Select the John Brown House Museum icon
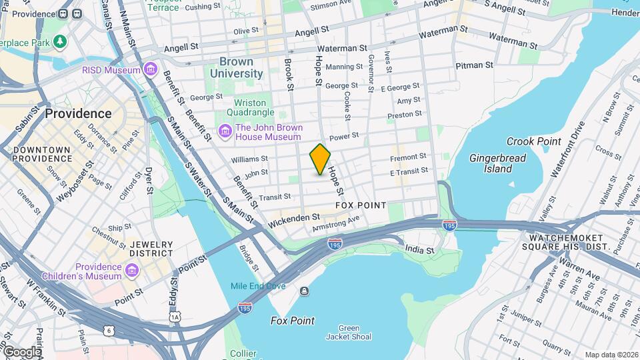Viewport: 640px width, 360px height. pos(225,132)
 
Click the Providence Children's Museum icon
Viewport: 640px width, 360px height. pos(131,271)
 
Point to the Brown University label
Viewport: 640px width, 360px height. pos(237,67)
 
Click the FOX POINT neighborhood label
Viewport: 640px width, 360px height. pos(360,205)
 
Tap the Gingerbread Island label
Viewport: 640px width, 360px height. pos(497,163)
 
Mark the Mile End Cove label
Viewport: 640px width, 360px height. pos(258,286)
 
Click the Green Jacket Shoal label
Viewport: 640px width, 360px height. pos(349,332)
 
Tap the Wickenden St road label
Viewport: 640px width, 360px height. pos(294,217)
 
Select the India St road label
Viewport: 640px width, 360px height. pos(420,249)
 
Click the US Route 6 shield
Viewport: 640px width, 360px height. pos(109,330)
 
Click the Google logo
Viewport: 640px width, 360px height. pos(22,351)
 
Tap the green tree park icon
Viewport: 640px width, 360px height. pos(61,42)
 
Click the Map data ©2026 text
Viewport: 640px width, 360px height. pos(611,355)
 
